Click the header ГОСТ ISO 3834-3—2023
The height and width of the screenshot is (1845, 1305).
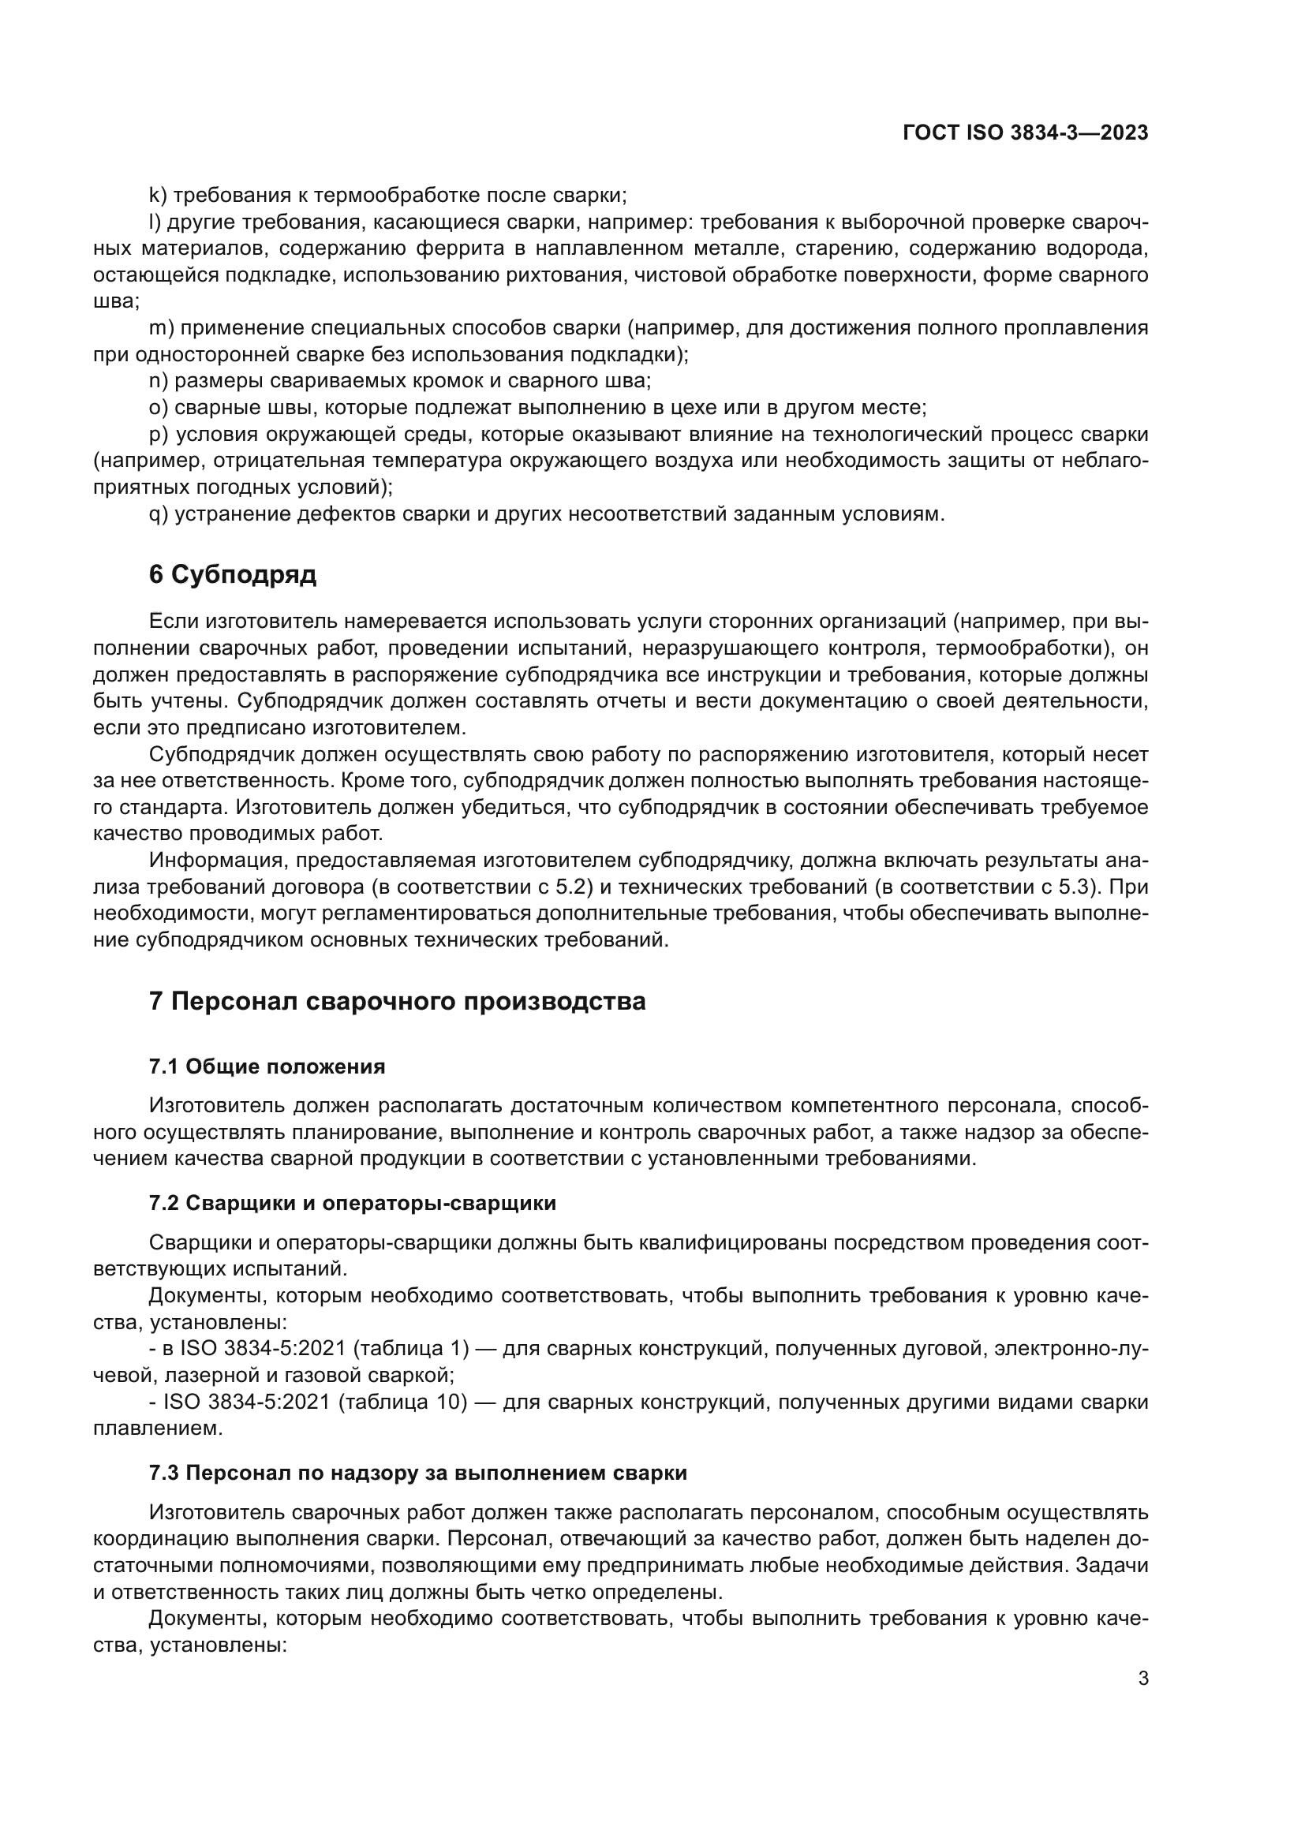pos(1026,133)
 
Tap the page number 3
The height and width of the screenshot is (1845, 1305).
pos(1143,1678)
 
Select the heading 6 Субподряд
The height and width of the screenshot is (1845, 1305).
pos(233,574)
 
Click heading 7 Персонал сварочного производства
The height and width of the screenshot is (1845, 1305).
pos(397,1002)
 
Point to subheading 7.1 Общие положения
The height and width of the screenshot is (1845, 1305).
pos(267,1067)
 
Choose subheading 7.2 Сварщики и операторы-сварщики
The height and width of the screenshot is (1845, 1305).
pos(352,1203)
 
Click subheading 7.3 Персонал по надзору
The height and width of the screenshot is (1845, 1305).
pos(418,1473)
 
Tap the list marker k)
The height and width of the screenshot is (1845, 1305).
pos(158,196)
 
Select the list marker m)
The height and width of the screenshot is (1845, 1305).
pos(162,328)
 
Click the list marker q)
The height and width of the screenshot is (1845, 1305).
pos(159,514)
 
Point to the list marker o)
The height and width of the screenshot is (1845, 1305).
pos(159,407)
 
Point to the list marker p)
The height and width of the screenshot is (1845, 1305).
pos(159,435)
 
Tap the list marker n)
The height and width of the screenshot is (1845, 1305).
pos(159,381)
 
